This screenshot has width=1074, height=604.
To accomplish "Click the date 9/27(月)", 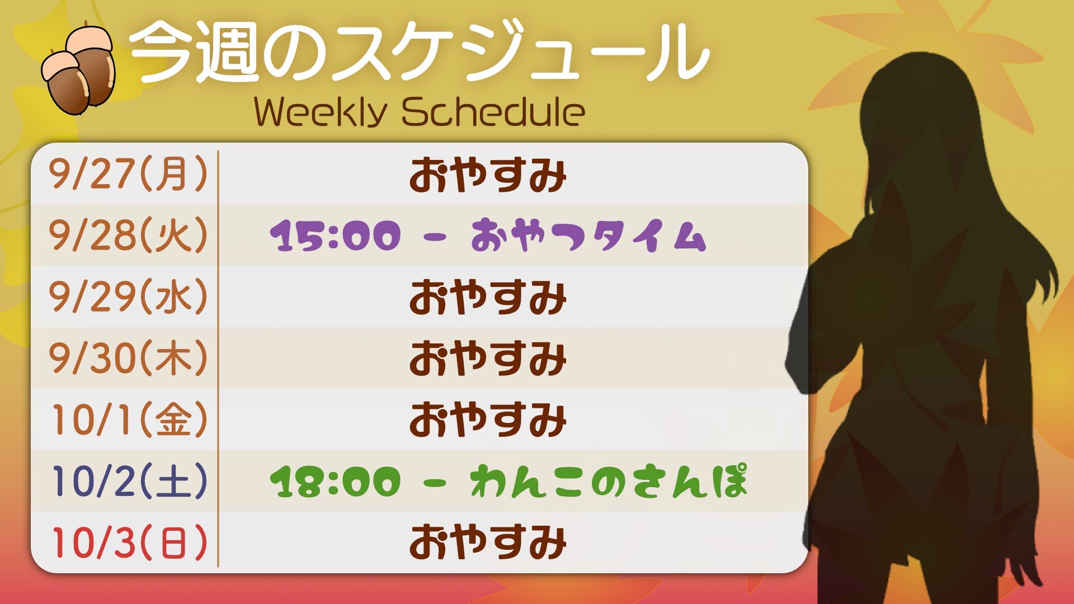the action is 128,174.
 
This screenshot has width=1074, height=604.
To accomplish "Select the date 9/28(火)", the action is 128,235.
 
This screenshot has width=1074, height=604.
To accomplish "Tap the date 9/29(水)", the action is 128,296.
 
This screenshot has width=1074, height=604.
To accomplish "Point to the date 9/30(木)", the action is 128,358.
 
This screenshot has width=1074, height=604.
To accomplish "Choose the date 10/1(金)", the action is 130,419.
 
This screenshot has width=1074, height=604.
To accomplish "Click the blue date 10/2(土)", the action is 130,481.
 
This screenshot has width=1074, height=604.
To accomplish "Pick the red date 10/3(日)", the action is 130,542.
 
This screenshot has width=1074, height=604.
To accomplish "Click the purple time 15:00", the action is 336,235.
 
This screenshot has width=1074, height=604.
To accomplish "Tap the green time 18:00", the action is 336,482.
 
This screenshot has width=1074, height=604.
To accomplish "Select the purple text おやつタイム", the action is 588,235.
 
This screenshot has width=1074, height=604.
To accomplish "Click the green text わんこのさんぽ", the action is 609,481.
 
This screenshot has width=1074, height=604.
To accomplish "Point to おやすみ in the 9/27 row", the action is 488,175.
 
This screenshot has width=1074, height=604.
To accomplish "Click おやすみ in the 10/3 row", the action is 488,542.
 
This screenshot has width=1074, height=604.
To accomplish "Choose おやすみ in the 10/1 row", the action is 488,419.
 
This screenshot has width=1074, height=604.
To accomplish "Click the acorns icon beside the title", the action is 78,70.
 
